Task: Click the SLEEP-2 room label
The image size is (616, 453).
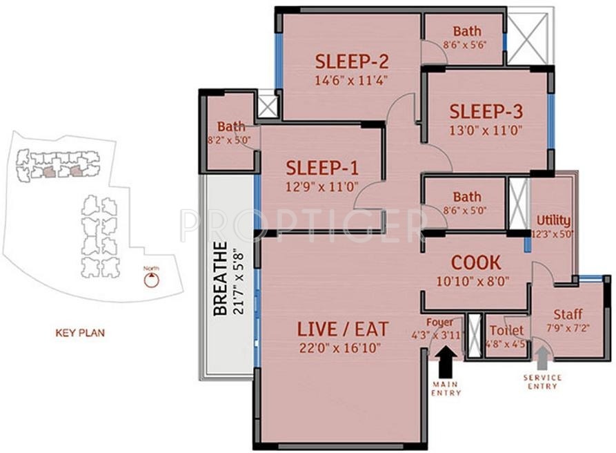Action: (x=350, y=61)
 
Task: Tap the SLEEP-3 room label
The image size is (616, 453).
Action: (x=486, y=111)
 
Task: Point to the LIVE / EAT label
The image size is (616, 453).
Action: (x=342, y=328)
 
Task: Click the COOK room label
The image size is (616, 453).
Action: (x=476, y=263)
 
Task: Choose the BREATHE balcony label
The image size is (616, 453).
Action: (x=220, y=279)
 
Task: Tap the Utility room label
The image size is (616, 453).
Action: (x=553, y=220)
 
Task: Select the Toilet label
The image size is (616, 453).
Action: (x=506, y=331)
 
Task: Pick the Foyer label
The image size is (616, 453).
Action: (x=439, y=322)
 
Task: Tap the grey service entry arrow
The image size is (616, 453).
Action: (x=543, y=358)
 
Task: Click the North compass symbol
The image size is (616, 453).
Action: (x=151, y=280)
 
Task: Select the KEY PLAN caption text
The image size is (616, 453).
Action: (x=79, y=333)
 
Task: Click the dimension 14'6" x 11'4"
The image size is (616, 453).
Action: (x=350, y=79)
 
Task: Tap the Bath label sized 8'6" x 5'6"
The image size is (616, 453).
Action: (x=466, y=32)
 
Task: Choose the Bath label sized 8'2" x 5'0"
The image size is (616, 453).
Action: (x=231, y=126)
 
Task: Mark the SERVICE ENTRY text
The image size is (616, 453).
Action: (x=542, y=383)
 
